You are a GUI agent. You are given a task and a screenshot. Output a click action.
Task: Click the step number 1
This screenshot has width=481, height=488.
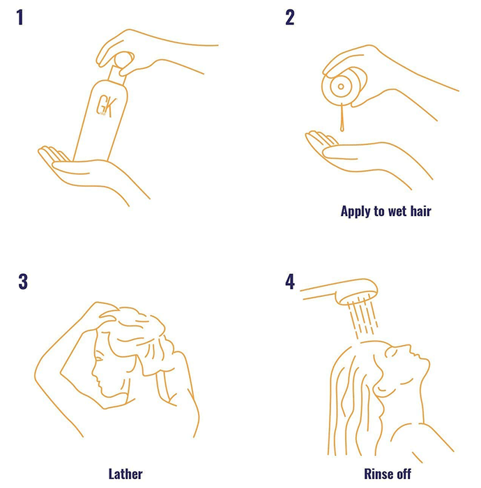pyautogui.click(x=20, y=17)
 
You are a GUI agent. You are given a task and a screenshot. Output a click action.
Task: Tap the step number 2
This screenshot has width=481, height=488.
pyautogui.click(x=290, y=17)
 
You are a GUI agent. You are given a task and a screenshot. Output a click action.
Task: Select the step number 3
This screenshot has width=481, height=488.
pyautogui.click(x=23, y=282)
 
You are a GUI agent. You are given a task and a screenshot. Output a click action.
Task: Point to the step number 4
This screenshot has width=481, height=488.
pyautogui.click(x=290, y=282)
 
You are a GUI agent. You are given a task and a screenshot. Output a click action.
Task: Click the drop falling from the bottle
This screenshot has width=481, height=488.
pyautogui.click(x=342, y=118)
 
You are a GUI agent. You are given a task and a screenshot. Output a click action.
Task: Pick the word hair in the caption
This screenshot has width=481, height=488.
pyautogui.click(x=420, y=211)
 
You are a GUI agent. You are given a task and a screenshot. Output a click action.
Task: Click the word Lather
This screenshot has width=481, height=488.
pyautogui.click(x=125, y=474)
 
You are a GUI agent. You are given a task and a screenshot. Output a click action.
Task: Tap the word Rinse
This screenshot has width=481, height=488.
pyautogui.click(x=378, y=474)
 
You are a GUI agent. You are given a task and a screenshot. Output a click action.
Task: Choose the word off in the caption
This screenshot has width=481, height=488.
pyautogui.click(x=403, y=474)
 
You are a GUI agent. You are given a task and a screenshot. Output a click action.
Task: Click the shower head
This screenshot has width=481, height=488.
pyautogui.click(x=356, y=291)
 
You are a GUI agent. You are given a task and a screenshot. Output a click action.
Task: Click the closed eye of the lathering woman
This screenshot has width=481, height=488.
pyautogui.click(x=98, y=360)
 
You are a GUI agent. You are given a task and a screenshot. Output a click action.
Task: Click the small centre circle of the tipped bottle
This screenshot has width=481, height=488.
pyautogui.click(x=341, y=86)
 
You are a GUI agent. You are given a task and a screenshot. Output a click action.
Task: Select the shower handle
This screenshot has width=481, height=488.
pyautogui.click(x=318, y=291)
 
